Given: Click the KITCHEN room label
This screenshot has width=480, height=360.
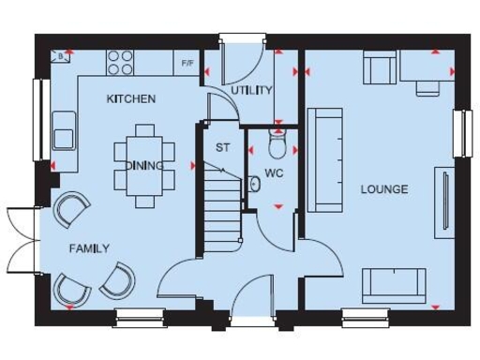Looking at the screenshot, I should (130, 98).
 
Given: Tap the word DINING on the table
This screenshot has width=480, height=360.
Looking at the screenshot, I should (144, 165).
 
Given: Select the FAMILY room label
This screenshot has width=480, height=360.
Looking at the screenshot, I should (89, 248).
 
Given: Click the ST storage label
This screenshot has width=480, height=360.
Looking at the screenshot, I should (222, 147).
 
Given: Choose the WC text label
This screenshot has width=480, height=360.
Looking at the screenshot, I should (273, 173).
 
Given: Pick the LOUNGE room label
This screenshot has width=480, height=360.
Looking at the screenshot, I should (384, 189).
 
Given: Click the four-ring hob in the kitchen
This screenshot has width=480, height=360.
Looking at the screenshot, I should (120, 61).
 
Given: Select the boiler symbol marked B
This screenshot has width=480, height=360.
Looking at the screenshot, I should (60, 56).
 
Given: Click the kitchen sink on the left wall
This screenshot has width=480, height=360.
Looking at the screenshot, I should (64, 128).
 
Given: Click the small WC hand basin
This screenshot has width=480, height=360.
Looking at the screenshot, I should (254, 184).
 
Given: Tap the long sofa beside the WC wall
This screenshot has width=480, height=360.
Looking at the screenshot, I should (324, 157).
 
